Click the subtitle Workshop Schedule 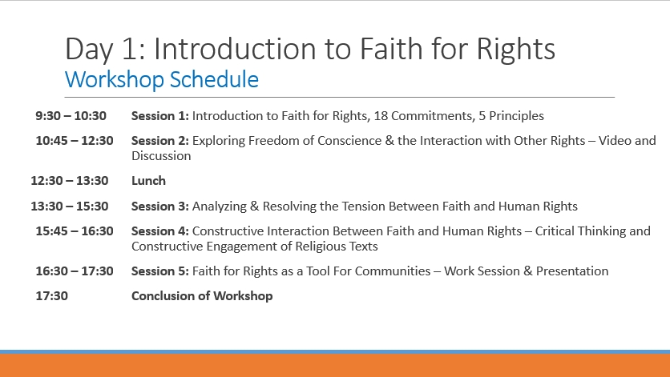[162, 80]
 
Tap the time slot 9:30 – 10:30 [71, 116]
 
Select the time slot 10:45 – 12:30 [75, 140]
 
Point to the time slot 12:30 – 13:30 [69, 181]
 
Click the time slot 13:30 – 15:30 [69, 207]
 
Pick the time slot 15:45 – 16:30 [75, 231]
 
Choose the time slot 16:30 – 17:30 [75, 271]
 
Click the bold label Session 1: [159, 116]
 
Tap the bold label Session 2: [159, 140]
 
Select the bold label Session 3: [159, 207]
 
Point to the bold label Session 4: [159, 231]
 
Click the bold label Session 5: [159, 271]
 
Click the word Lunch [148, 181]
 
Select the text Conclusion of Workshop [202, 296]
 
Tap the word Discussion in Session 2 [161, 156]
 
